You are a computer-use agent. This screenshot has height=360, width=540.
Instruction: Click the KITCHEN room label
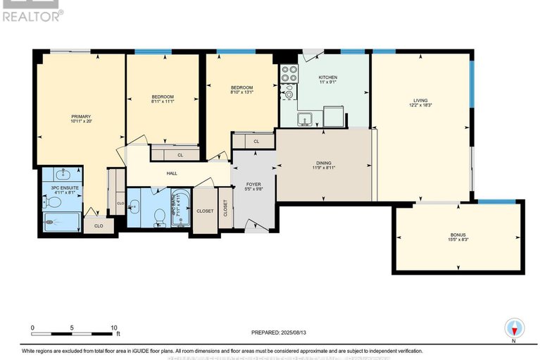point(327,77)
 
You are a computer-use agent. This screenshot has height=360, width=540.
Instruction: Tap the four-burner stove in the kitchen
point(289,74)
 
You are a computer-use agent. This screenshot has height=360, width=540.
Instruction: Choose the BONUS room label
point(458,235)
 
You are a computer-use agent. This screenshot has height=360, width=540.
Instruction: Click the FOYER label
point(252,184)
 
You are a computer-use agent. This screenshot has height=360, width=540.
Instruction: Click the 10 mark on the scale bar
point(113,328)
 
